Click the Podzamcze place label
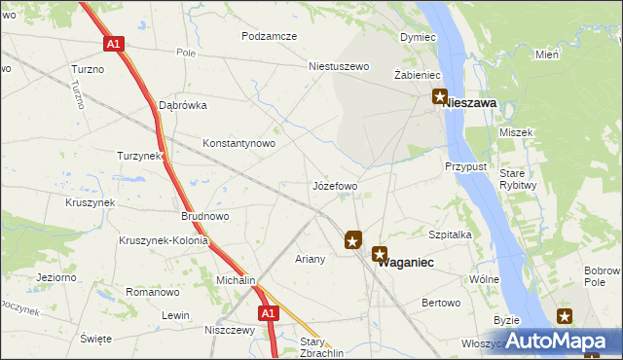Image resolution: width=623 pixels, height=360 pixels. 269,36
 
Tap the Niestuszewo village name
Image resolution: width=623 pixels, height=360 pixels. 339,67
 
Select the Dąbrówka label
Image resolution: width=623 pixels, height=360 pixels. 182,105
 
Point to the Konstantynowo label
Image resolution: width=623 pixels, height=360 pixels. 238,143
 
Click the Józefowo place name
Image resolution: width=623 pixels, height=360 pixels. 335,185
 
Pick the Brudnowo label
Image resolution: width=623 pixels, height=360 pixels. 204,217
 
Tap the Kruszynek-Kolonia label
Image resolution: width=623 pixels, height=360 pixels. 160,240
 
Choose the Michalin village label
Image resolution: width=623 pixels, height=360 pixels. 234,280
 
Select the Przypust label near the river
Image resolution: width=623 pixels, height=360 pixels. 466,166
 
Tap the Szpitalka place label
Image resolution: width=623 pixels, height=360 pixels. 450,234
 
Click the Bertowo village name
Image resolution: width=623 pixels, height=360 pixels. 440,304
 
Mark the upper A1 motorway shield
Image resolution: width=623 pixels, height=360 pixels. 113,44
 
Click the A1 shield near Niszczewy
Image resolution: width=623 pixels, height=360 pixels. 270,313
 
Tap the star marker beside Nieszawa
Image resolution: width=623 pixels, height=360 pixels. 440,97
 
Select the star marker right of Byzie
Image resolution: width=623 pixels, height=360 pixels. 565,315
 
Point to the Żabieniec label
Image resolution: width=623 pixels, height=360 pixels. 419,75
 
